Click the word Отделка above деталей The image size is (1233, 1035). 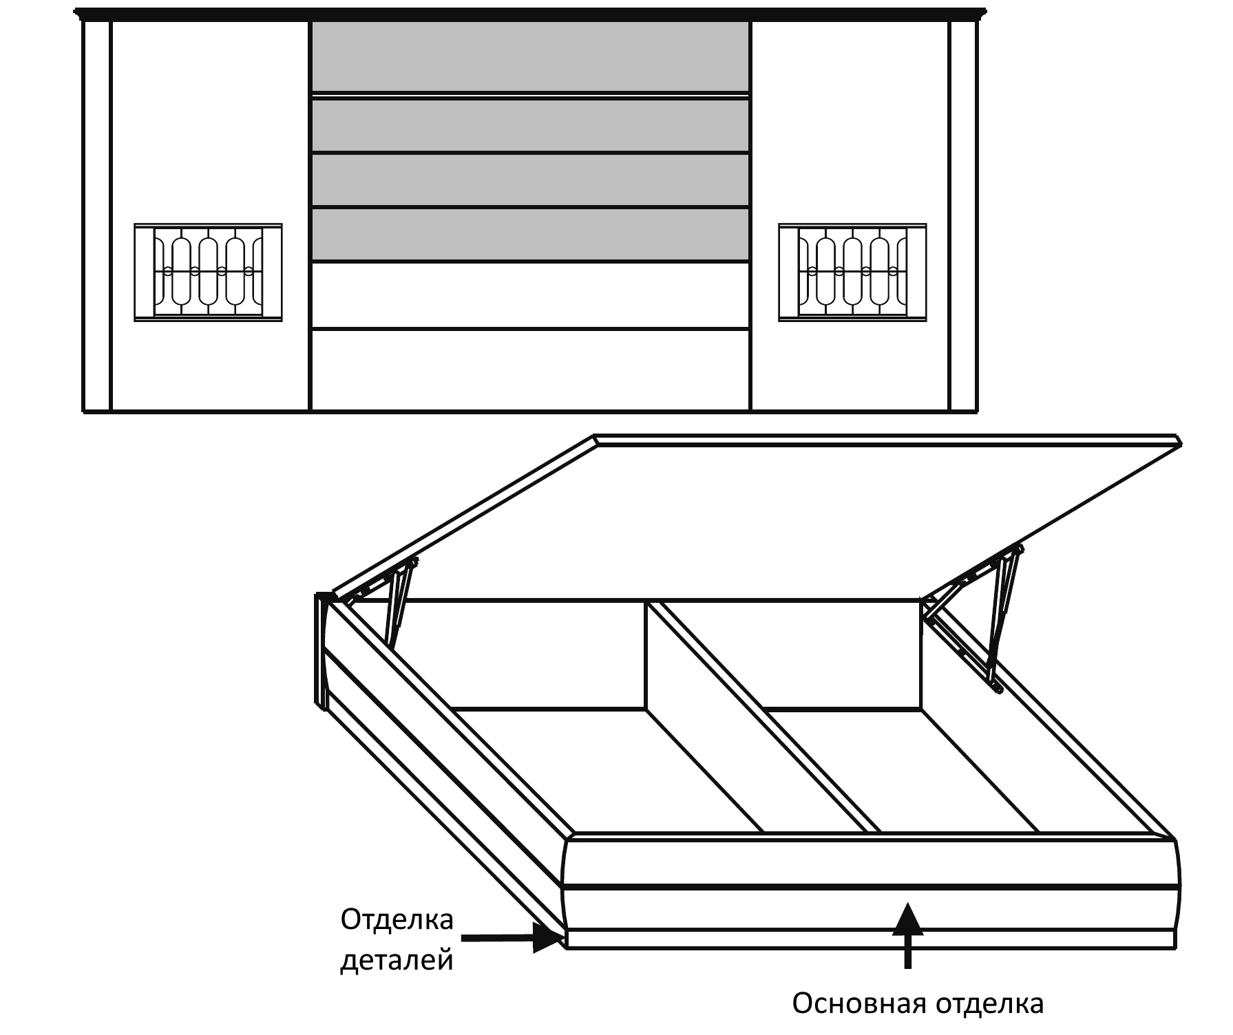tap(397, 920)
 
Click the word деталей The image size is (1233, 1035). tap(397, 961)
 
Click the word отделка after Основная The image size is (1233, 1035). tap(989, 1003)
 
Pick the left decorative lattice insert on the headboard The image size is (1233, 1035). tap(208, 273)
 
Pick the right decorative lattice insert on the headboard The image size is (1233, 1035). tap(852, 273)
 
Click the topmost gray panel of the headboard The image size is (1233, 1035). tap(530, 56)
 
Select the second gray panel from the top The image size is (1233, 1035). tap(530, 125)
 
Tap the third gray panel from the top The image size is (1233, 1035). tap(530, 180)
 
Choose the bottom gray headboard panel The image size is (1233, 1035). tap(530, 235)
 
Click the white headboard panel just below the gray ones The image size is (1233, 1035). tap(530, 295)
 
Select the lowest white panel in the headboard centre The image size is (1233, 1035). tap(530, 370)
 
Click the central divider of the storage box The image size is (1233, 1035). tap(757, 716)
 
